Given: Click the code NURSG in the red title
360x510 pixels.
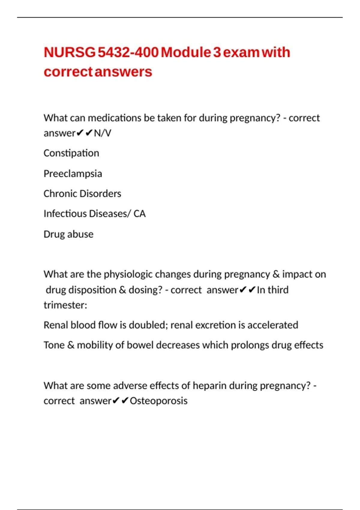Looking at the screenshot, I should click(x=70, y=52).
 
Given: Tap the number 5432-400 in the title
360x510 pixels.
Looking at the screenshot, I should click(x=128, y=52).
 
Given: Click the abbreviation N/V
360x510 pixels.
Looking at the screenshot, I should click(x=102, y=133).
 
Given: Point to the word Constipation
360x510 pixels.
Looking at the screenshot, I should click(x=71, y=153).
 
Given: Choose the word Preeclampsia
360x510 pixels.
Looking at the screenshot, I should click(x=73, y=174).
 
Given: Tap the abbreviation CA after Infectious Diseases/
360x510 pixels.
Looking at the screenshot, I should click(x=139, y=214).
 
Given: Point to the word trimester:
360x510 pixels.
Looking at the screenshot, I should click(x=65, y=305).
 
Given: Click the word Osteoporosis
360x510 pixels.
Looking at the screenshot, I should click(x=158, y=401).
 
